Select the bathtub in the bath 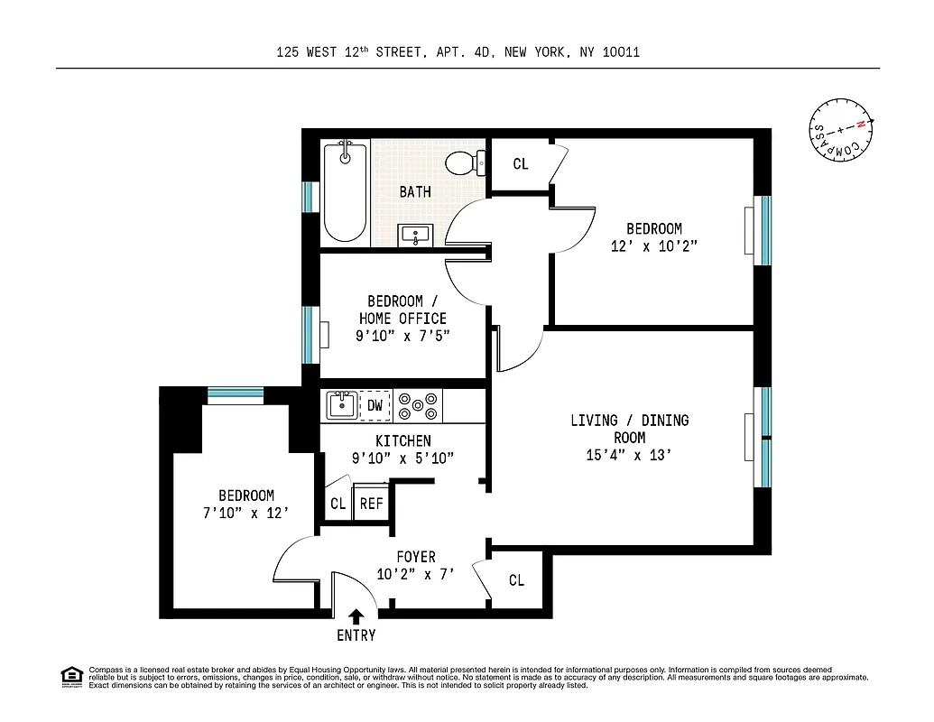tap(345, 191)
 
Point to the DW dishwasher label tap(375, 406)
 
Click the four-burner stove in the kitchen tap(419, 406)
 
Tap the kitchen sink tap(342, 405)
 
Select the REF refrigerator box tap(371, 504)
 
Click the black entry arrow tap(356, 616)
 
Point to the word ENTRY tap(356, 635)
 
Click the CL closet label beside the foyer tap(516, 580)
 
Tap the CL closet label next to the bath tap(521, 164)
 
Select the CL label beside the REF tap(338, 504)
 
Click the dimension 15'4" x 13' tap(628, 455)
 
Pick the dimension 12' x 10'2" tap(654, 245)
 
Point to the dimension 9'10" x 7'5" tap(402, 336)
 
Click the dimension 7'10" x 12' tap(245, 513)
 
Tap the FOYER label tap(415, 557)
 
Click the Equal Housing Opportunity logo tap(71, 676)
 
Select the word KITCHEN tap(402, 440)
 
